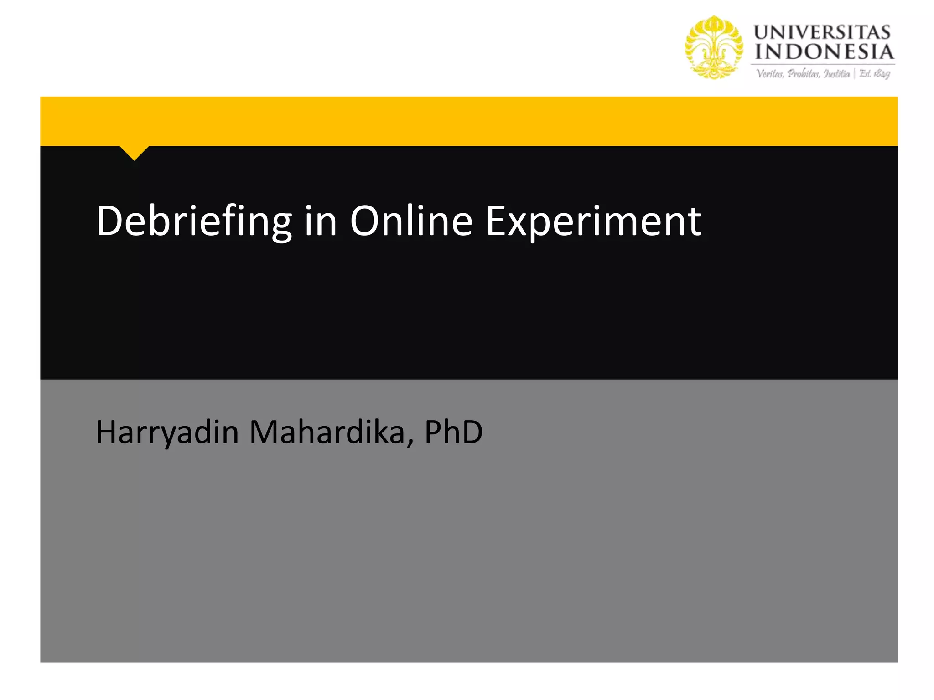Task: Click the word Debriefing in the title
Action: click(x=194, y=221)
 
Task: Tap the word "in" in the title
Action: click(x=320, y=221)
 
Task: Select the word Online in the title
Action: click(x=411, y=221)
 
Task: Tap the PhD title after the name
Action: click(x=453, y=432)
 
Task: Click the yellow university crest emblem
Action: click(x=714, y=47)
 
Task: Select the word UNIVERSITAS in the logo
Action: click(x=822, y=33)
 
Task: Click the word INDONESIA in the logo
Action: click(x=824, y=52)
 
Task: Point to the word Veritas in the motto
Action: click(x=770, y=74)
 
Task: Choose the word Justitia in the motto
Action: click(x=837, y=74)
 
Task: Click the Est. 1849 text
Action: click(x=875, y=74)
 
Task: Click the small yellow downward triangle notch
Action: click(x=134, y=152)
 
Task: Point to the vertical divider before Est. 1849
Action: click(x=855, y=74)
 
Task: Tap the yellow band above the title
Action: click(x=468, y=121)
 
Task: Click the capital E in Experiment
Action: click(x=496, y=221)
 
